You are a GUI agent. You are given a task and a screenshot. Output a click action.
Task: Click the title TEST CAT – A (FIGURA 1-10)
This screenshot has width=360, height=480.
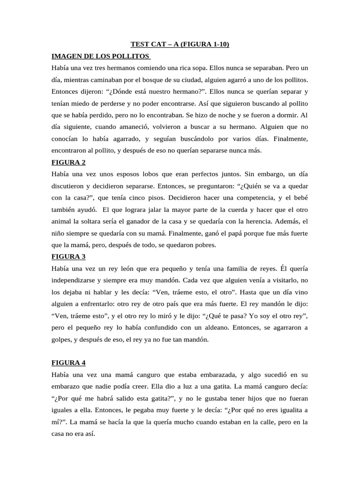[x=180, y=45]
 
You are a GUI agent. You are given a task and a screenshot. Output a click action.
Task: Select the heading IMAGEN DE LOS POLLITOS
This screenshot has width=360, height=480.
[x=100, y=57]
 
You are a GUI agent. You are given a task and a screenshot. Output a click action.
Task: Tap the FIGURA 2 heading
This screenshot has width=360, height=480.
[x=68, y=162]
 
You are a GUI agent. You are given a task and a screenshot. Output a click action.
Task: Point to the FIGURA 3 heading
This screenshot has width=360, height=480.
[x=68, y=256]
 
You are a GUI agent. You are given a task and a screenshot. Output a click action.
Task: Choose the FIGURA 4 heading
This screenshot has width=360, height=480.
[x=68, y=362]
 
